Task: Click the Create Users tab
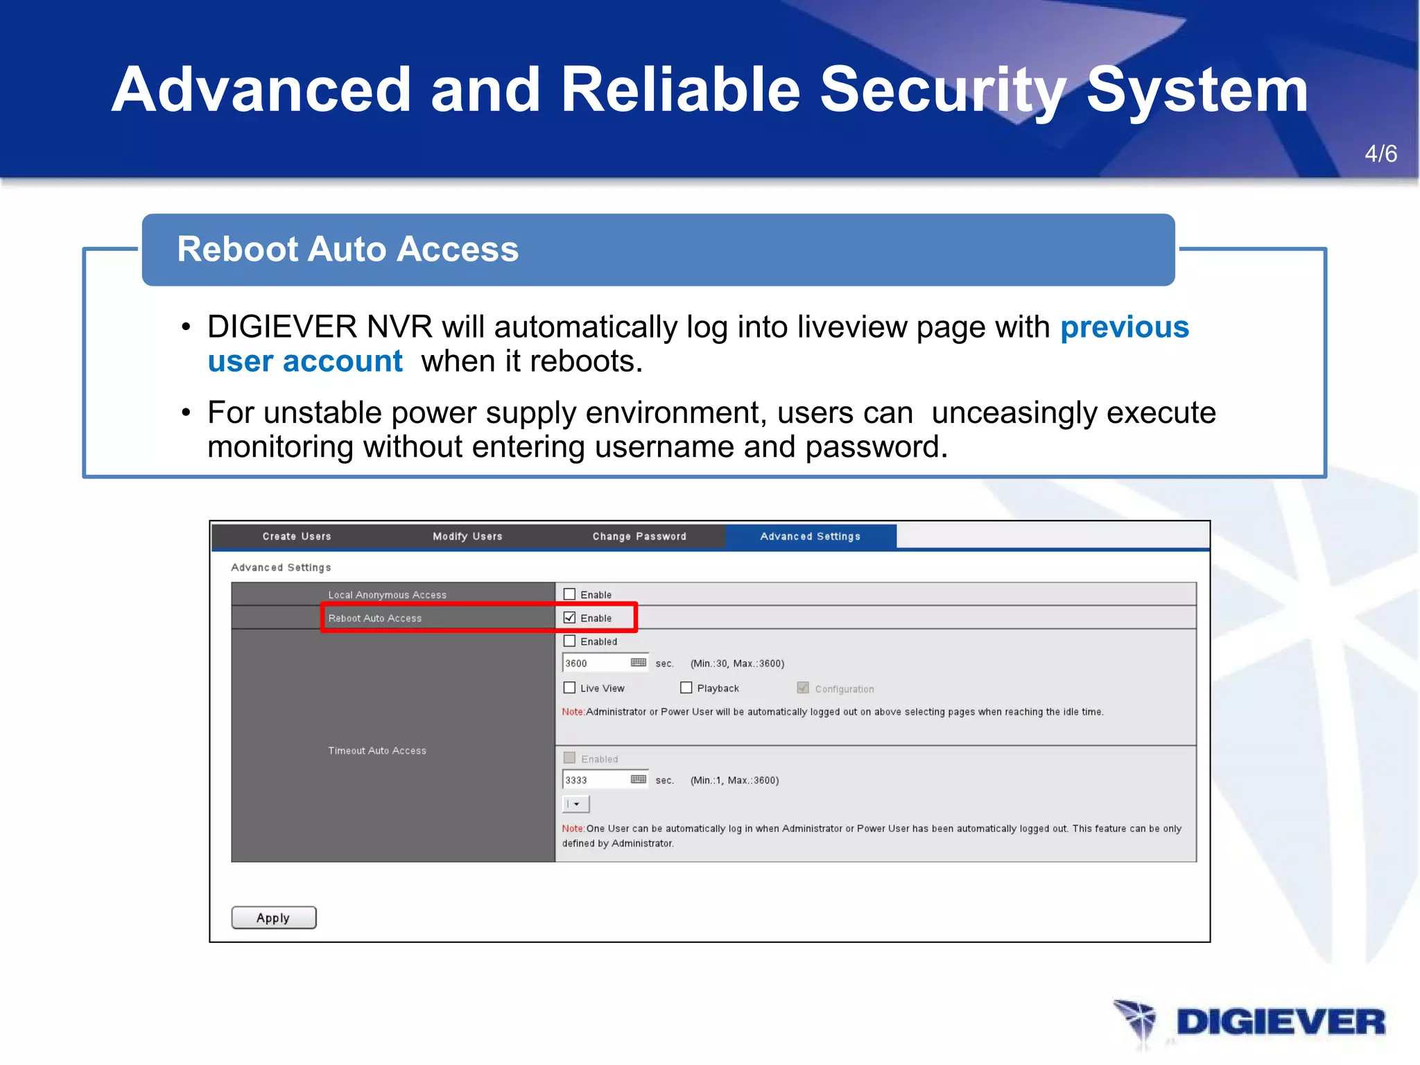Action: (297, 536)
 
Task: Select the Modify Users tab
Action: (467, 536)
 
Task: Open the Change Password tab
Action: (639, 536)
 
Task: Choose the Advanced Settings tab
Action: (810, 536)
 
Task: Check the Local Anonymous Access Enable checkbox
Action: (569, 594)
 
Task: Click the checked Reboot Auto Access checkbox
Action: (569, 618)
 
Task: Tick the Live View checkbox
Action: (569, 688)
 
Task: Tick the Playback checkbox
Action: (686, 688)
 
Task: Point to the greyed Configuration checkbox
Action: (803, 688)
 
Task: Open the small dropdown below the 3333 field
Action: (575, 804)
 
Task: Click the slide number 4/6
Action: (1380, 154)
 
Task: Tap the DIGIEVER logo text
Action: (1280, 1023)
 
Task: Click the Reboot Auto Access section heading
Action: (347, 250)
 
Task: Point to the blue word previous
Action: (1124, 327)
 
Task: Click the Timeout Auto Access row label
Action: (377, 751)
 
